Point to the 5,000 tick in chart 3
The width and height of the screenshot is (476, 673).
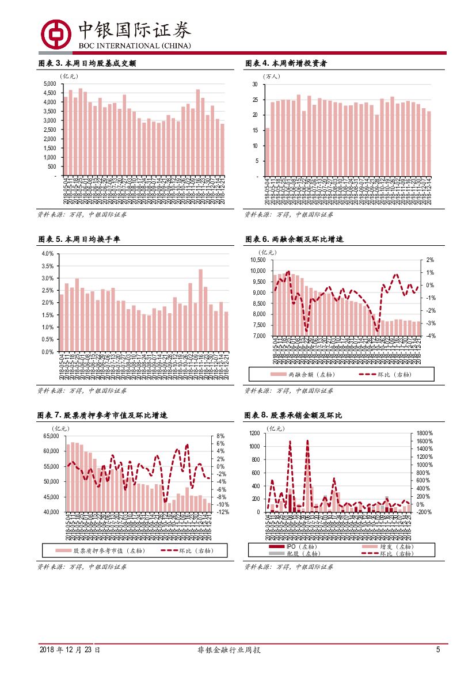[x=49, y=84]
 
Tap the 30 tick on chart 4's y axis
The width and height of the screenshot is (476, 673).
[x=254, y=85]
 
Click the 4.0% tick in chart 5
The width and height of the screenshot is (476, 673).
[x=48, y=254]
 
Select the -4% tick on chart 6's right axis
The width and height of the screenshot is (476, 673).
[x=430, y=336]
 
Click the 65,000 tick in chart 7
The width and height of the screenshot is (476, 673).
[x=51, y=436]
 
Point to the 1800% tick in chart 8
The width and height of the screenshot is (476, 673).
[x=425, y=433]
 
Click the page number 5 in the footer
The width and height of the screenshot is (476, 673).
[x=438, y=650]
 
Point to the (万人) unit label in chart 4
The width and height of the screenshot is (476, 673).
[x=271, y=76]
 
